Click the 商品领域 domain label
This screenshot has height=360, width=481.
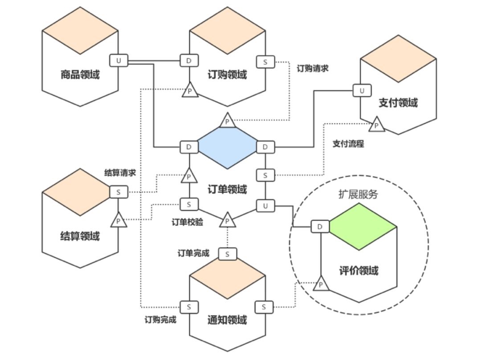click(x=80, y=74)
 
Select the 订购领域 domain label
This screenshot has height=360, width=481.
click(x=227, y=74)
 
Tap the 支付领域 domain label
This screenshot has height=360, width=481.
click(x=398, y=103)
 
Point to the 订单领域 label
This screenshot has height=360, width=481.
click(x=227, y=189)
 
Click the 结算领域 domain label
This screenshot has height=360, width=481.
click(x=80, y=236)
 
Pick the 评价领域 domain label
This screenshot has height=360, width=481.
click(x=359, y=270)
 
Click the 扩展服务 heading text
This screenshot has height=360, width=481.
click(x=358, y=194)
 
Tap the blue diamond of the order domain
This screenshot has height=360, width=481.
click(x=227, y=146)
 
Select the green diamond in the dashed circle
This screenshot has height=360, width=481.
click(x=363, y=226)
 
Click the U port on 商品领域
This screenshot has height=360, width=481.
click(x=118, y=60)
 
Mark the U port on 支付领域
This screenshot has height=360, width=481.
click(x=362, y=91)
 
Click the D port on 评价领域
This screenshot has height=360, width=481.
click(x=320, y=227)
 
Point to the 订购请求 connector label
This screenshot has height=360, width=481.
click(x=313, y=69)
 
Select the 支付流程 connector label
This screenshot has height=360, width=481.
click(x=348, y=144)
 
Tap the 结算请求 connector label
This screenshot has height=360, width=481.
click(x=120, y=173)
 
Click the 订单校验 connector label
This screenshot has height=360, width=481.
click(x=188, y=222)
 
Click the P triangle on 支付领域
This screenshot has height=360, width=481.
click(x=376, y=125)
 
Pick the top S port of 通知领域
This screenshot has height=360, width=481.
click(x=228, y=254)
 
